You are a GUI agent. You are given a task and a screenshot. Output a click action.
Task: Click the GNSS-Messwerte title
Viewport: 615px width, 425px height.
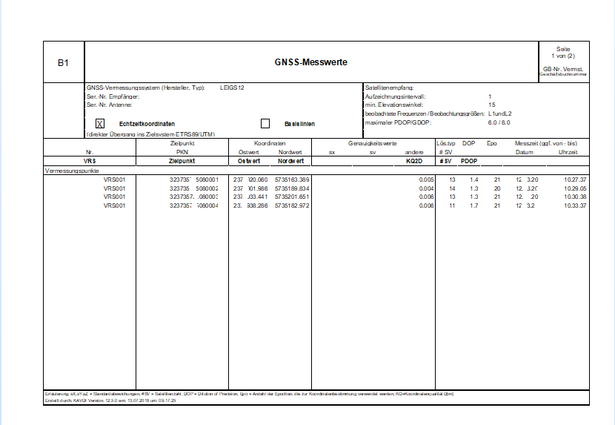310,62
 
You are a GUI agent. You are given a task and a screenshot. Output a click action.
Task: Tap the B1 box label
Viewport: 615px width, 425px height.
64,63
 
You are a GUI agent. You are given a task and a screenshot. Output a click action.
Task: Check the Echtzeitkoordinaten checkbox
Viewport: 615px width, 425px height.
100,123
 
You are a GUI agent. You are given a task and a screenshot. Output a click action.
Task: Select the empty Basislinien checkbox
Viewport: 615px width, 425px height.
265,123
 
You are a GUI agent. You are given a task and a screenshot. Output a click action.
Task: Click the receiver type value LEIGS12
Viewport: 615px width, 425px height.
232,88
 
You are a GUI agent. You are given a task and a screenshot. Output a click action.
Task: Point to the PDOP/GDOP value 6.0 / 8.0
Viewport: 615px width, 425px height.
499,122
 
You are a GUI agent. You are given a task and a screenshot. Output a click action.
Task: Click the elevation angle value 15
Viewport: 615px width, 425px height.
491,105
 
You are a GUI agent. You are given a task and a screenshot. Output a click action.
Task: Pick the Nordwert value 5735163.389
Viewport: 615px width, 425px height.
292,180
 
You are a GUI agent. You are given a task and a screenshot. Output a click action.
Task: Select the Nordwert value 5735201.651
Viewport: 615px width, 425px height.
292,197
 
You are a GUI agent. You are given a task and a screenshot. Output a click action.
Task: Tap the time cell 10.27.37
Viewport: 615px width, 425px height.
574,180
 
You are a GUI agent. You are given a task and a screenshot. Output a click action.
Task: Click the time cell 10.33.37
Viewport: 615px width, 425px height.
574,205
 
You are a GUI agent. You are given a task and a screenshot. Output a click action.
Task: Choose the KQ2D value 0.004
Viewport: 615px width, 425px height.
425,188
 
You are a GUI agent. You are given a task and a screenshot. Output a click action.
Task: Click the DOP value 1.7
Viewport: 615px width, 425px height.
474,205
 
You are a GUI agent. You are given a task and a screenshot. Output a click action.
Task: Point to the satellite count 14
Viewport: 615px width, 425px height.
452,188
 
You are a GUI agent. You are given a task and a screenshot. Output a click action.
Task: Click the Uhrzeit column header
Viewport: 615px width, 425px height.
568,152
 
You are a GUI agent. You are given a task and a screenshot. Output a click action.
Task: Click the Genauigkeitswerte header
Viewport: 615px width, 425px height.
373,142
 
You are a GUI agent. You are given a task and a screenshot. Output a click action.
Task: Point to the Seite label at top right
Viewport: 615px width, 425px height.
564,49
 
